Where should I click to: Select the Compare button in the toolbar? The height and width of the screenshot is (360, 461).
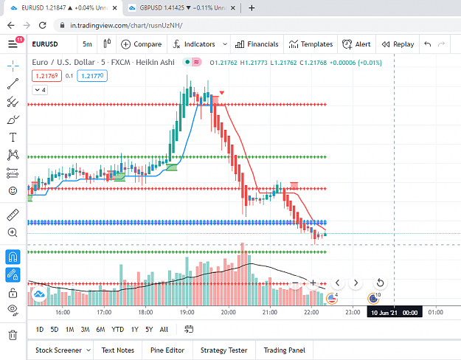[x=142, y=44]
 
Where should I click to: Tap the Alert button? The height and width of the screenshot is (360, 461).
[x=356, y=44]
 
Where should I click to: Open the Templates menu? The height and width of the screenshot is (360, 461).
[x=311, y=44]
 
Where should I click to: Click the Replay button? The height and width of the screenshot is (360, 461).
[x=398, y=44]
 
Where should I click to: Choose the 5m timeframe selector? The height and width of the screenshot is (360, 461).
[x=87, y=44]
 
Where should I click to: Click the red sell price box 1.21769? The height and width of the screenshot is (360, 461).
[x=46, y=76]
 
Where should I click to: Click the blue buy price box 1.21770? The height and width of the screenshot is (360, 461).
[x=92, y=76]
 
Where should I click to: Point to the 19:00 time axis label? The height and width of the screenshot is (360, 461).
[x=187, y=312]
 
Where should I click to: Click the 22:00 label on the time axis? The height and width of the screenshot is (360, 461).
[x=311, y=312]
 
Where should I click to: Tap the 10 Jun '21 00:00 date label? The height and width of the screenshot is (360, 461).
[x=395, y=312]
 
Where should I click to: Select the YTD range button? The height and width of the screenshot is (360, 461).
[x=117, y=330]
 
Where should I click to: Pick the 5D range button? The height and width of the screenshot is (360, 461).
[x=55, y=330]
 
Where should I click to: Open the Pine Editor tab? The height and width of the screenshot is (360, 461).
[x=167, y=350]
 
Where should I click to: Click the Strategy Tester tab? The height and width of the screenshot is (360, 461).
[x=223, y=350]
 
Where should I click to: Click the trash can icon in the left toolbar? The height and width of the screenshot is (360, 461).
[x=13, y=335]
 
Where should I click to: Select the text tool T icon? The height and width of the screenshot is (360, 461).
[x=13, y=137]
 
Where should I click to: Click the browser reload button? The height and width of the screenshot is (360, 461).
[x=43, y=25]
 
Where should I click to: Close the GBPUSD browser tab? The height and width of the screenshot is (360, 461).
[x=233, y=8]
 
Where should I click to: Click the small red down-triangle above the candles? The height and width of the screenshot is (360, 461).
[x=222, y=93]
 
